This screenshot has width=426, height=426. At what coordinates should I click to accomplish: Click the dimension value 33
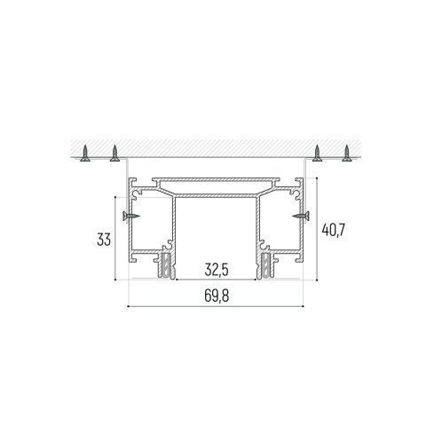click(x=104, y=240)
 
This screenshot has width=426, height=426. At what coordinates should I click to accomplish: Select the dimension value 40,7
click(x=333, y=230)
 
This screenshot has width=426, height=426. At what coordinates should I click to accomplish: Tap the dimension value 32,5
click(x=217, y=270)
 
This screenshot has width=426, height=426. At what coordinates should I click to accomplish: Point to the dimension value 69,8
click(x=217, y=296)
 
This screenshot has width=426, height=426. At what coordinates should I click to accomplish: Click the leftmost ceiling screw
click(x=85, y=154)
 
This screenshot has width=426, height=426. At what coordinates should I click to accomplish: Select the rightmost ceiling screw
click(x=347, y=154)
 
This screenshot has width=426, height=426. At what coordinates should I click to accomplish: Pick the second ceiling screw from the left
click(x=114, y=154)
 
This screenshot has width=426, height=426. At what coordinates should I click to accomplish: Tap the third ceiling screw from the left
click(x=317, y=154)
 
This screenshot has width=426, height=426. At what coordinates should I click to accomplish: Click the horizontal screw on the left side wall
click(x=131, y=216)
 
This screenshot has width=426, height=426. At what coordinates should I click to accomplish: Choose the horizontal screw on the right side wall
click(x=301, y=216)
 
